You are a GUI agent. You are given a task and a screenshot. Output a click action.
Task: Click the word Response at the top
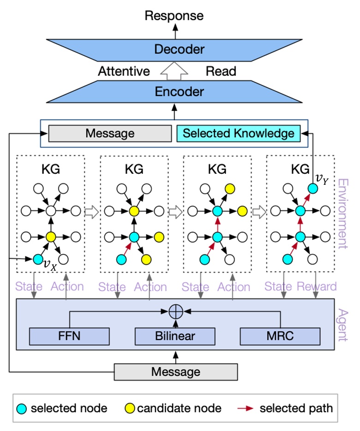coord(174,16)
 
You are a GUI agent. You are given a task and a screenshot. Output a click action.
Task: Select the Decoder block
coord(174,49)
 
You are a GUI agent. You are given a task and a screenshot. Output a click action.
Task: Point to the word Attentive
coord(124,71)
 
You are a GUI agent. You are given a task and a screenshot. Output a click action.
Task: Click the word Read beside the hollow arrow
coord(221,71)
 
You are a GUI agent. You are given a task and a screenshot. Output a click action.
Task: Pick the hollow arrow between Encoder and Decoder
coord(174,70)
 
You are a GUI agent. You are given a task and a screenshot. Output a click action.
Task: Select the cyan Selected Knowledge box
coord(238,134)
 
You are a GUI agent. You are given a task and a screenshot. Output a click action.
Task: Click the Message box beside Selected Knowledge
coord(110,134)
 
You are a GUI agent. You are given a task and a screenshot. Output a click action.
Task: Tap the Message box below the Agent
coord(175,372)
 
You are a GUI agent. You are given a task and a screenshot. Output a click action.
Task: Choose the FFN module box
coord(70,336)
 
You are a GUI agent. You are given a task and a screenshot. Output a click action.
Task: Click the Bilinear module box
coord(175,336)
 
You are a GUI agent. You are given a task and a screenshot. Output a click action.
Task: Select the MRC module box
coord(280,336)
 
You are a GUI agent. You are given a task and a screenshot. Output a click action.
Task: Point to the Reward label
coord(316,286)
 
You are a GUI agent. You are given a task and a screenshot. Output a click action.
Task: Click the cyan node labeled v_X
coord(38,259)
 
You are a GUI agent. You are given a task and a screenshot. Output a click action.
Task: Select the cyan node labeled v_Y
coord(312,188)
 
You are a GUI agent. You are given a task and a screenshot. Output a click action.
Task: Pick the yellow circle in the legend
coord(130,408)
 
